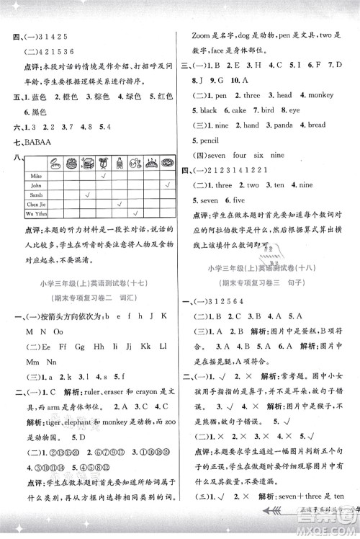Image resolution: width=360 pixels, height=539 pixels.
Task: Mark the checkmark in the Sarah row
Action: (86, 195)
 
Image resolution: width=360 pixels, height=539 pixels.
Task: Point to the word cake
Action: (238, 110)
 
